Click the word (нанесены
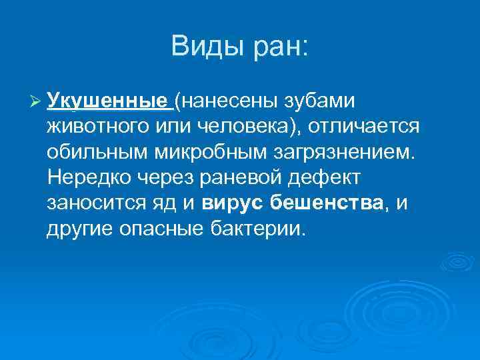225,101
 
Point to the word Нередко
86,177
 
